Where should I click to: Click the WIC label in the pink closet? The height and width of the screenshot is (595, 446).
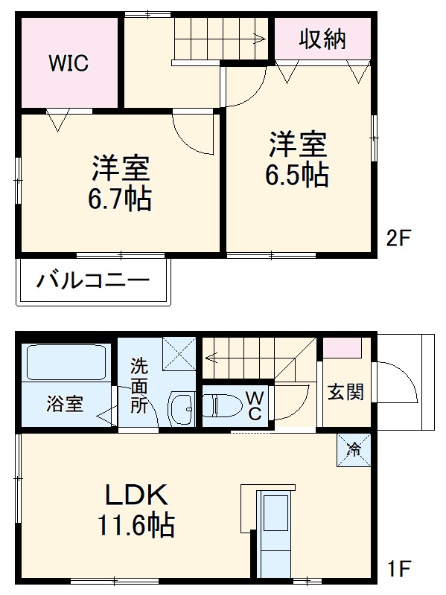[x=69, y=63]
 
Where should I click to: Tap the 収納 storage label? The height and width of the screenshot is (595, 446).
[x=323, y=39]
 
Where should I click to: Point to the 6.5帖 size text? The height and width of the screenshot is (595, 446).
[x=297, y=174]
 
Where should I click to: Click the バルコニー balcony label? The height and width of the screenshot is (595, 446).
[x=93, y=282]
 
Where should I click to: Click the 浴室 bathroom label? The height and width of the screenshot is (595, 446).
[x=65, y=405]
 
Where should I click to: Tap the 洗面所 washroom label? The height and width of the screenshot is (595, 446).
[x=138, y=385]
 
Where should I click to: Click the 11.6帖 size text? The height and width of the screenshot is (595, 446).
[x=135, y=527]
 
